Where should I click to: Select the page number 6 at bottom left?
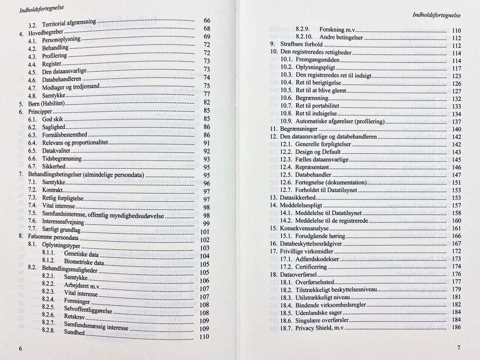(x=20, y=348)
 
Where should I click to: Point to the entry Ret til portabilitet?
(x=317, y=106)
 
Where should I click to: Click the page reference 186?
(x=456, y=327)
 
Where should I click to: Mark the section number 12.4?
(x=285, y=167)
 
